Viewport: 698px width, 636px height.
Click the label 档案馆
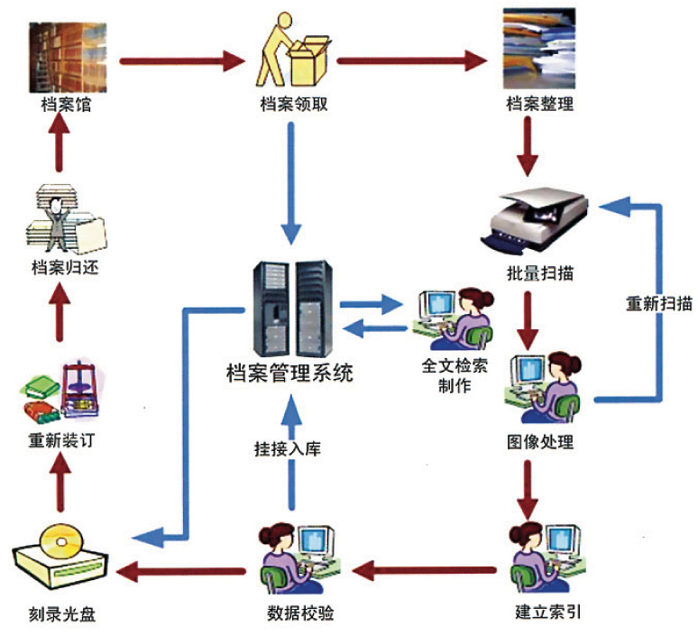65,104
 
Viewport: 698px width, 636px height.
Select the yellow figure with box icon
289,50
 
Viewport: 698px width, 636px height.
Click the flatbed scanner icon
539,217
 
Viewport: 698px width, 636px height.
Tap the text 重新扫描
658,303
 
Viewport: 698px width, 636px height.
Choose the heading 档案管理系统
289,371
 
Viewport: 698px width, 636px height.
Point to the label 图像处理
539,442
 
